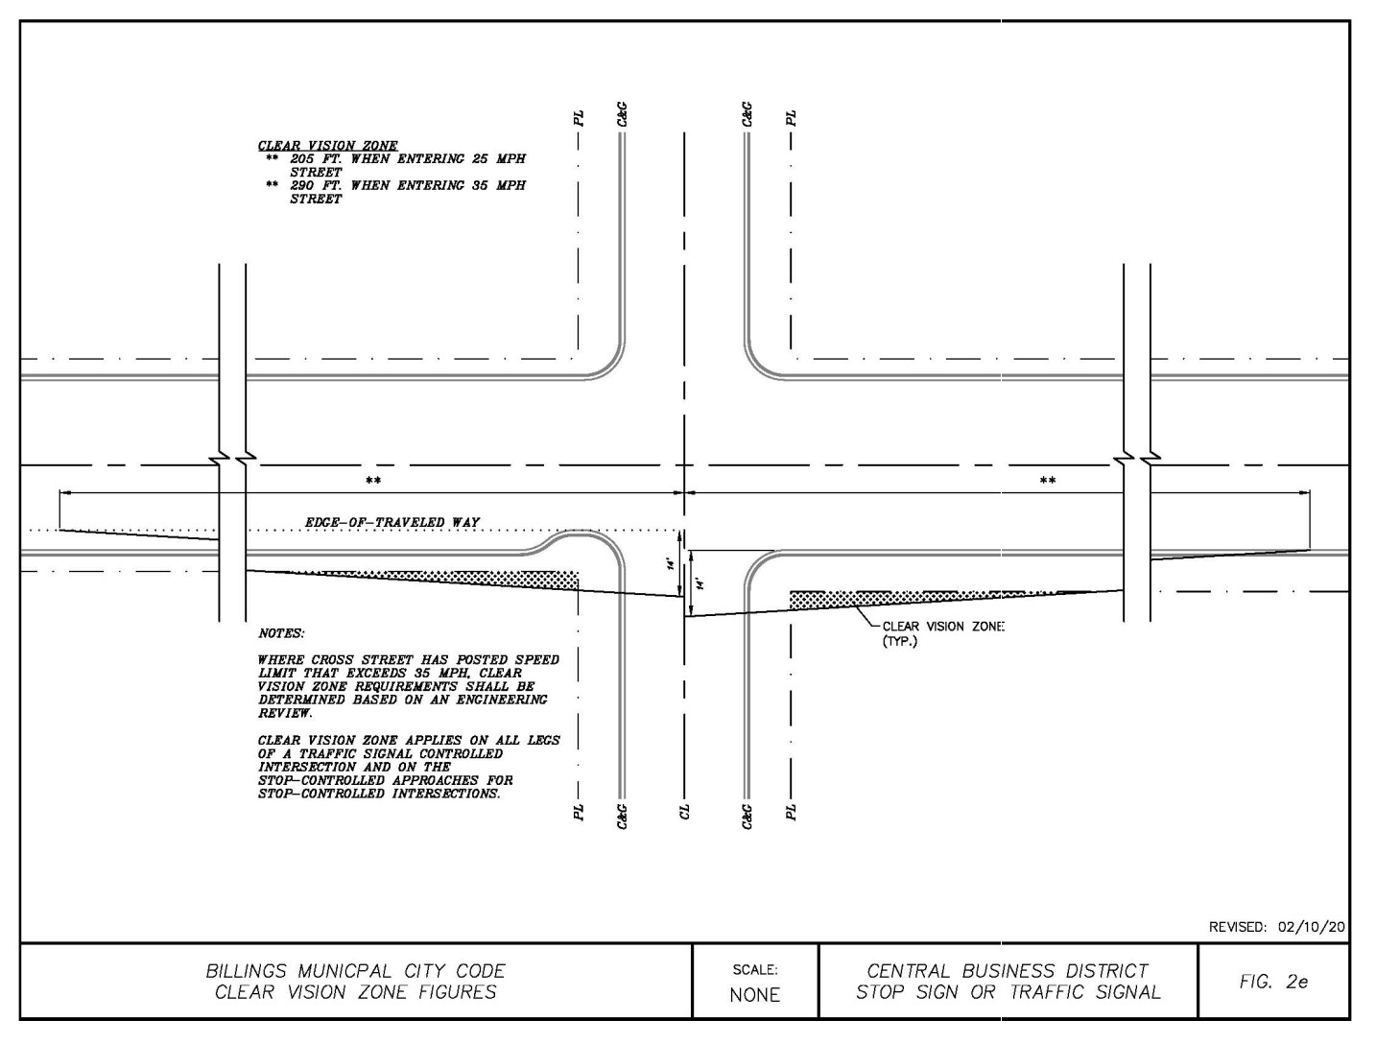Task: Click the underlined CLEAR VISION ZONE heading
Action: [x=327, y=146]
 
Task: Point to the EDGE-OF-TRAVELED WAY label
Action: [x=391, y=522]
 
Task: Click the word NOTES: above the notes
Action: [x=281, y=633]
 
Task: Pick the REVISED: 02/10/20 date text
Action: [x=1276, y=927]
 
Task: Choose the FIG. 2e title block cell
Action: [x=1273, y=982]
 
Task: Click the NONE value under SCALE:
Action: [x=754, y=995]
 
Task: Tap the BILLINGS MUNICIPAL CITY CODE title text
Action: [x=355, y=971]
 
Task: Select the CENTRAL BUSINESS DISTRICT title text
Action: [x=1008, y=971]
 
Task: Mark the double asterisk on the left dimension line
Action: [x=372, y=480]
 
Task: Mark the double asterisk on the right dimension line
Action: [x=1047, y=480]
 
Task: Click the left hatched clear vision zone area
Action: [x=461, y=578]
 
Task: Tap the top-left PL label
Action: [x=578, y=118]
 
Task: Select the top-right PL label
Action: [x=791, y=118]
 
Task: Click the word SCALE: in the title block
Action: [x=754, y=970]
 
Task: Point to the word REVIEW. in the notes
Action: [x=285, y=713]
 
